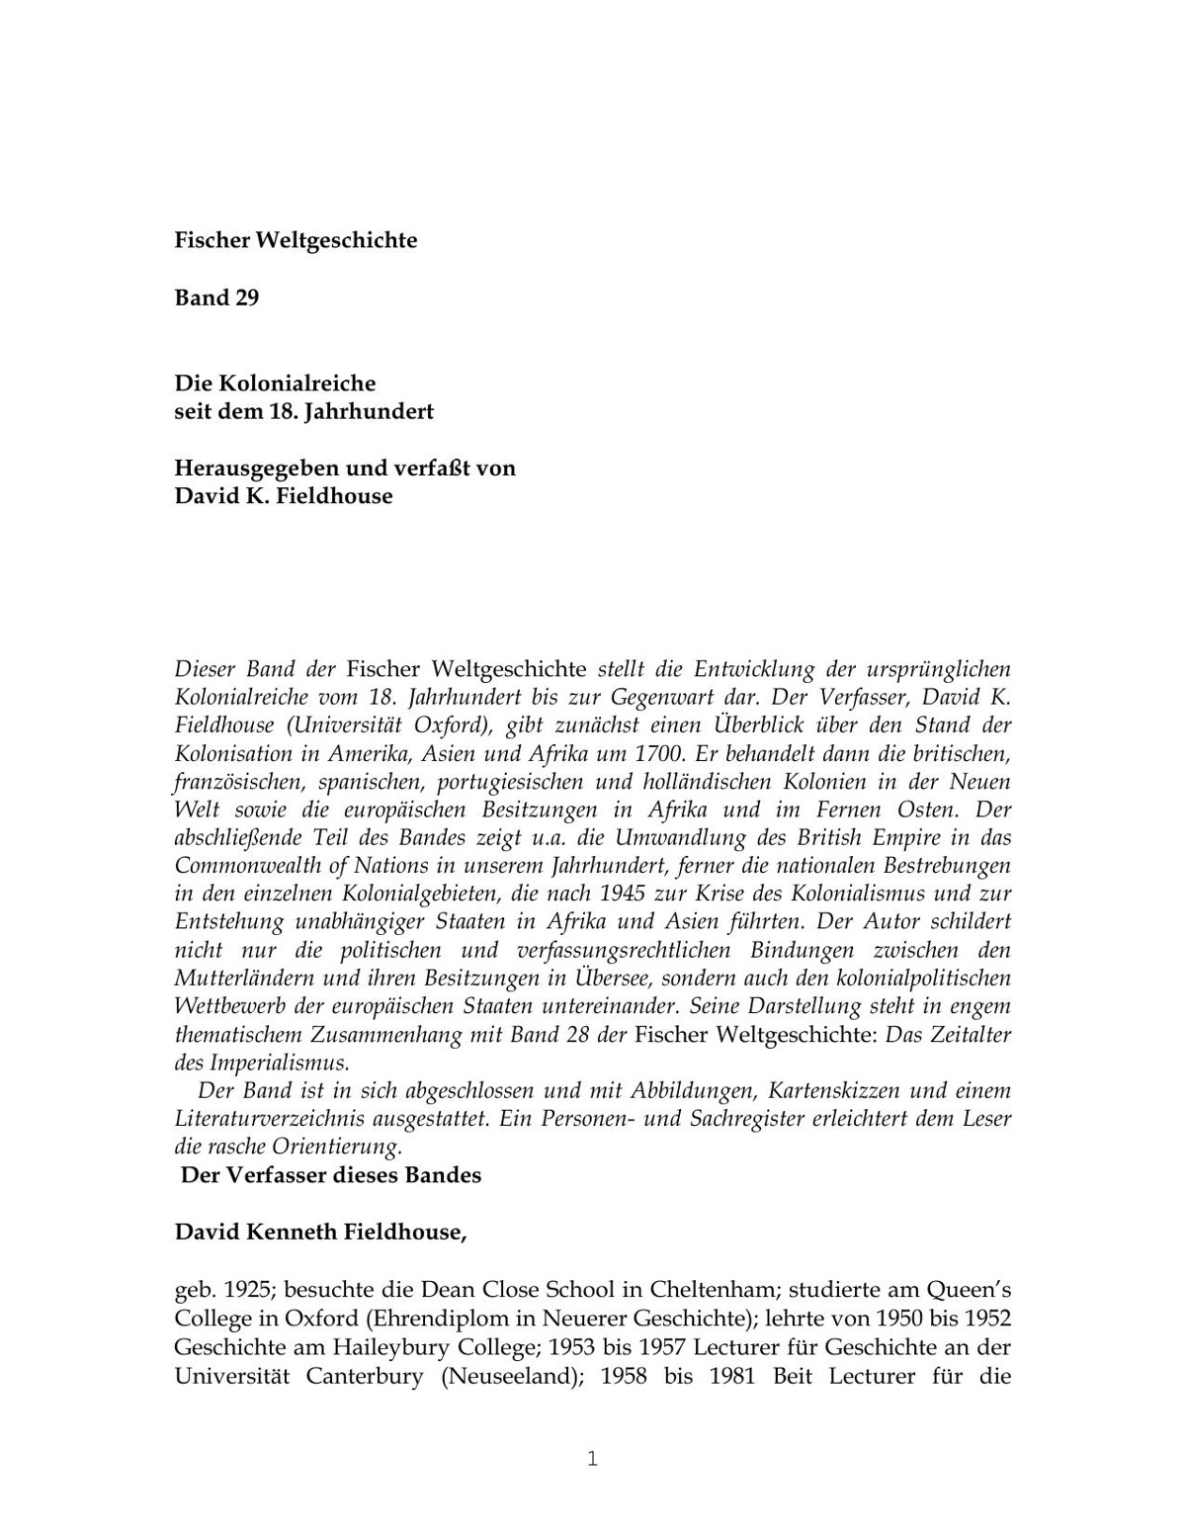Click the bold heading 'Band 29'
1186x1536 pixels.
click(216, 299)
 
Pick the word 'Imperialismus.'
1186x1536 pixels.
click(279, 1064)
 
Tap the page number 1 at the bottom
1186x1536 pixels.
click(593, 1459)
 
